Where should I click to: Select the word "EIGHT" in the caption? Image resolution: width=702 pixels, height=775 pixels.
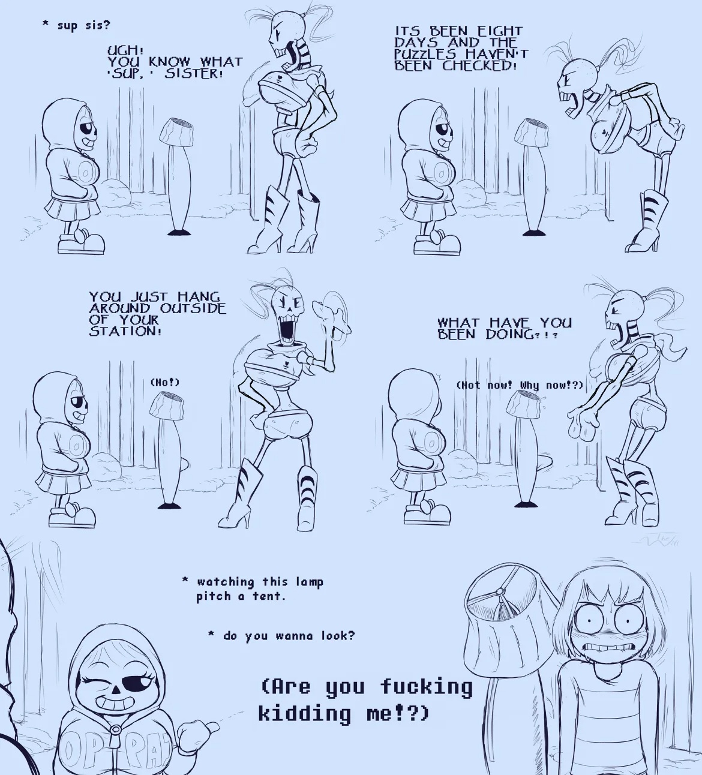(x=500, y=31)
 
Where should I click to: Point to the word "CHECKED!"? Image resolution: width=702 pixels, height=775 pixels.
(x=479, y=65)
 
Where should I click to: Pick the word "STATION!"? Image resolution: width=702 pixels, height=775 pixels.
(x=125, y=331)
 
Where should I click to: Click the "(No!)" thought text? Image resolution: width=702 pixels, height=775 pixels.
(x=164, y=382)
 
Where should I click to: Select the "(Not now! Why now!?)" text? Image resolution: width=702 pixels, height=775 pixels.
(x=520, y=385)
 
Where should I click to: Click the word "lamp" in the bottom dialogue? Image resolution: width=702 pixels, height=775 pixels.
(x=310, y=582)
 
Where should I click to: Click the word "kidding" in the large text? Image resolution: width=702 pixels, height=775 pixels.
(x=305, y=713)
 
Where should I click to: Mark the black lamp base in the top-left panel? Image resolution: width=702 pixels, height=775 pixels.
(x=178, y=232)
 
